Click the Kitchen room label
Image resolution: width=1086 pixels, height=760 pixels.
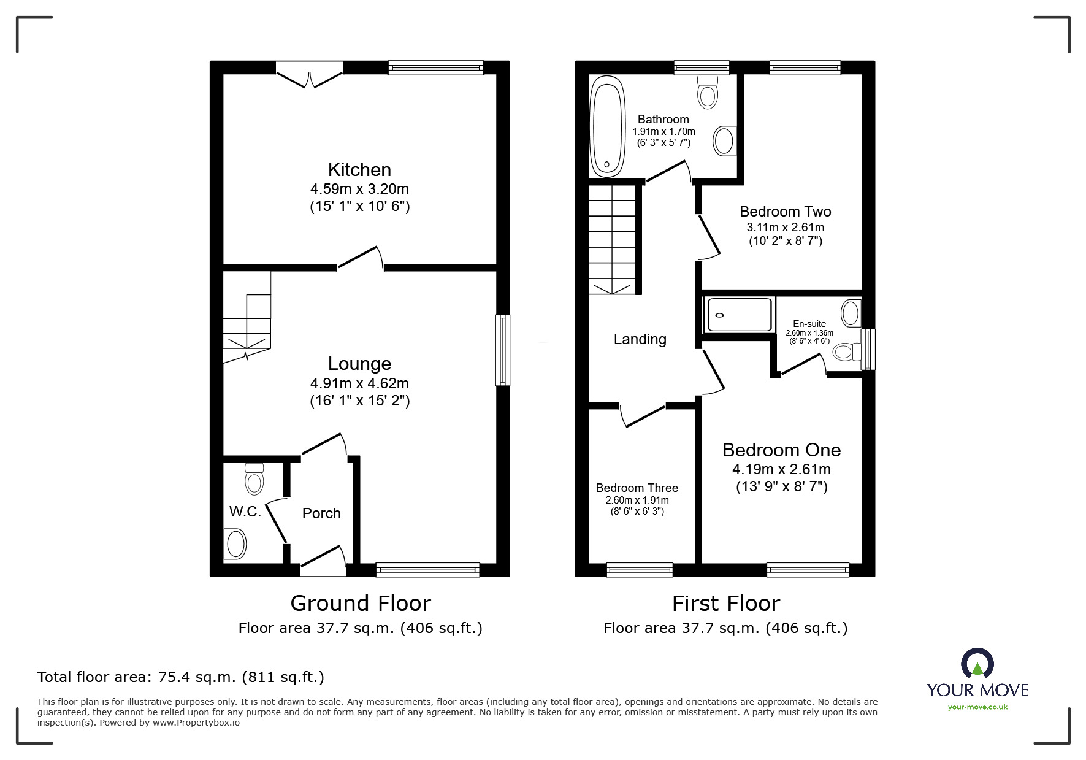pyautogui.click(x=359, y=170)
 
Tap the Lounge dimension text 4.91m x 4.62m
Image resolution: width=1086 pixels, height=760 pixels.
pyautogui.click(x=359, y=383)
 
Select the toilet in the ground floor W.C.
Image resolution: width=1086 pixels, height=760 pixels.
pyautogui.click(x=254, y=479)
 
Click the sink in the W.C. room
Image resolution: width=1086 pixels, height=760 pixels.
pyautogui.click(x=236, y=544)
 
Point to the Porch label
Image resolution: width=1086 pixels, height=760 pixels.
pyautogui.click(x=321, y=513)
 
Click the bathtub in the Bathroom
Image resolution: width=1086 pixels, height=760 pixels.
pyautogui.click(x=607, y=127)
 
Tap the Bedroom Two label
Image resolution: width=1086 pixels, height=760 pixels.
pyautogui.click(x=785, y=212)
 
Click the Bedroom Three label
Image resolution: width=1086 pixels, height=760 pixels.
pyautogui.click(x=637, y=488)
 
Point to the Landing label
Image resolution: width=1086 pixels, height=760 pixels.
pyautogui.click(x=640, y=339)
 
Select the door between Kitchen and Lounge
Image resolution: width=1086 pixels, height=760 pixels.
pyautogui.click(x=361, y=258)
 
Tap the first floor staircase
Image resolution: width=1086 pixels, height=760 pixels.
pyautogui.click(x=612, y=239)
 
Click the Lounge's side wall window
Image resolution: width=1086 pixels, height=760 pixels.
pyautogui.click(x=502, y=350)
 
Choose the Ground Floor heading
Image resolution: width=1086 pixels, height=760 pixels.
pyautogui.click(x=361, y=604)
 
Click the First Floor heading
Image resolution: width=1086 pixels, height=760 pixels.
pyautogui.click(x=725, y=604)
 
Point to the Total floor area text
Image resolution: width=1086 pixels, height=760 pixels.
pyautogui.click(x=181, y=677)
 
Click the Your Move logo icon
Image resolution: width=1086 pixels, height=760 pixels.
pyautogui.click(x=977, y=664)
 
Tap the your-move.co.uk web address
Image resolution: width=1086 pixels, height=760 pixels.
pyautogui.click(x=977, y=707)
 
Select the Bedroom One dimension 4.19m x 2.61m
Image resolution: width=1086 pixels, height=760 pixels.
pyautogui.click(x=781, y=470)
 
